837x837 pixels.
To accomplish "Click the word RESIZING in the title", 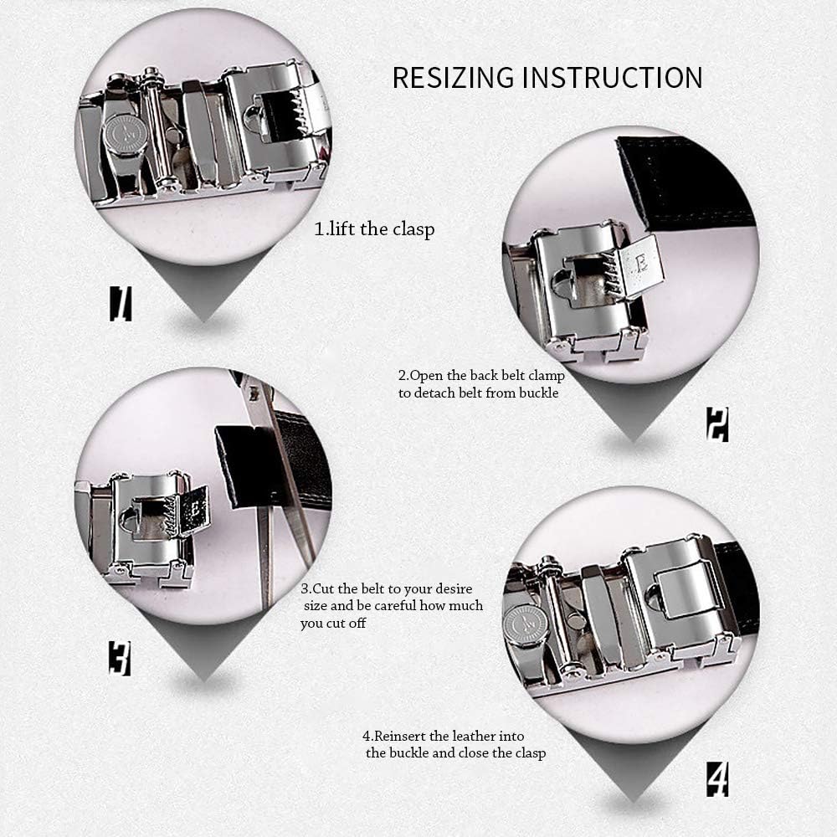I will click(x=453, y=77).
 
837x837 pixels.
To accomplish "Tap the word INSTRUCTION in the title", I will click(x=612, y=77).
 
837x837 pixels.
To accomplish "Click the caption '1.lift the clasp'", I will click(x=374, y=229).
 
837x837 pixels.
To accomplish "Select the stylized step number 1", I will click(x=121, y=303).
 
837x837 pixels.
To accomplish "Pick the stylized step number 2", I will click(x=716, y=424).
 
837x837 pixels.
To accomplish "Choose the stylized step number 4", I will click(x=716, y=779).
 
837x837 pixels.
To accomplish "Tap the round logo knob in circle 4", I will click(x=526, y=624).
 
